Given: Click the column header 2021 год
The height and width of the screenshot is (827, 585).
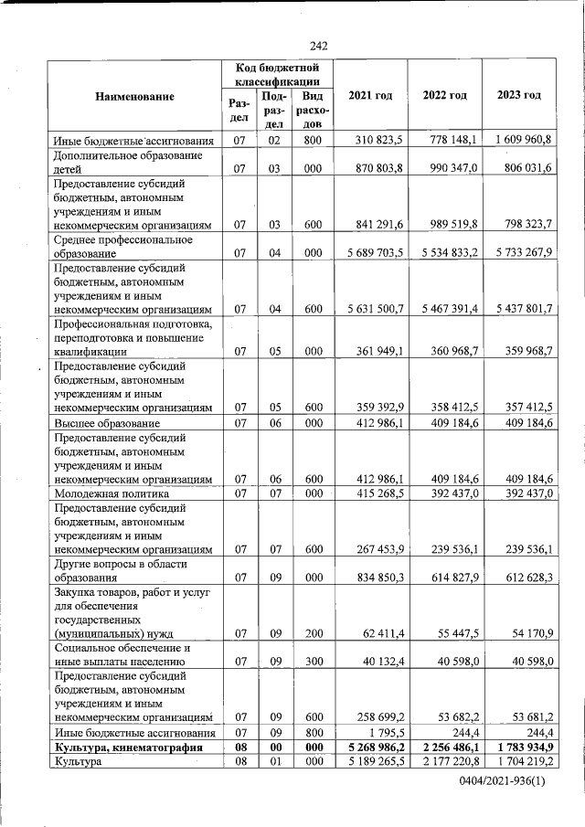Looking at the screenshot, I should (370, 96).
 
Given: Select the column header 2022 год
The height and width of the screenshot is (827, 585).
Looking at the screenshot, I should (445, 96).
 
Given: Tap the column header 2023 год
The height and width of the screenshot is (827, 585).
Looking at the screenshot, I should (518, 96).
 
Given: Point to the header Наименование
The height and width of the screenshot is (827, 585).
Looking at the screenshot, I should (133, 96).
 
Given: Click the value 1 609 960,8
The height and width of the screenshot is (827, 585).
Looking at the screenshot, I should (519, 141).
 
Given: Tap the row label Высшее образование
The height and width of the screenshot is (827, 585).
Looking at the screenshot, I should (107, 424).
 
